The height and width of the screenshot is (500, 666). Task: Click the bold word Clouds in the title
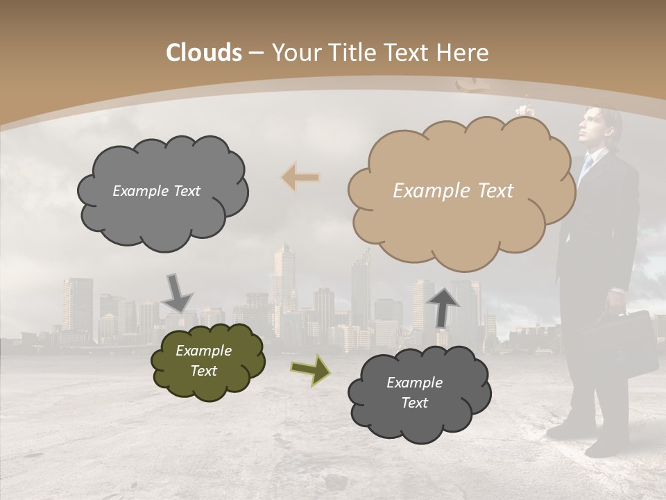(x=204, y=53)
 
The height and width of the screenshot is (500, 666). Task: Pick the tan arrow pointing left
(x=301, y=178)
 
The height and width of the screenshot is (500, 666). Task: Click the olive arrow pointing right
(x=311, y=370)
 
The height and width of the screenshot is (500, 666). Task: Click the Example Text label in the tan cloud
(x=453, y=190)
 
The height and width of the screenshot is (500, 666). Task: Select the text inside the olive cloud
(x=203, y=360)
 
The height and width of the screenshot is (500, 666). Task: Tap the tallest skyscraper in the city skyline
(x=284, y=278)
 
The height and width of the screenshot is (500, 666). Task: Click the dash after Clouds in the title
(x=255, y=53)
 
